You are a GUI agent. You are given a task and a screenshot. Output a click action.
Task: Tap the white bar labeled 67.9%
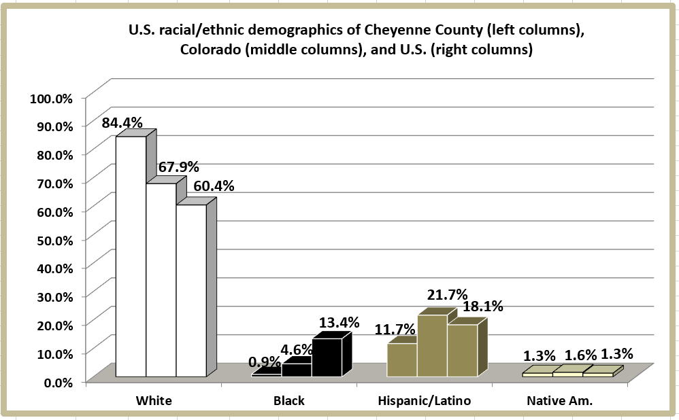pyautogui.click(x=161, y=279)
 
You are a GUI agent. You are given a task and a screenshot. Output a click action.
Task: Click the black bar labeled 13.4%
pyautogui.click(x=327, y=357)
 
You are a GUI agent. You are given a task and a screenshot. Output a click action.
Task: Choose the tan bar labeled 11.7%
pyautogui.click(x=402, y=360)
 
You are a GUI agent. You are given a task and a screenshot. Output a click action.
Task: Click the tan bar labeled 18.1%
pyautogui.click(x=463, y=351)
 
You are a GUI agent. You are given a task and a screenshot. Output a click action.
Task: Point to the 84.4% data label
pyautogui.click(x=122, y=123)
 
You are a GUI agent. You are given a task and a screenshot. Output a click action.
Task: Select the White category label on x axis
pyautogui.click(x=154, y=401)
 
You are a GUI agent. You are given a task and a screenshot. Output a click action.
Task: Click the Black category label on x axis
pyautogui.click(x=289, y=401)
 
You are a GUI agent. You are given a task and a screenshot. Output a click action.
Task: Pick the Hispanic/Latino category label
pyautogui.click(x=425, y=401)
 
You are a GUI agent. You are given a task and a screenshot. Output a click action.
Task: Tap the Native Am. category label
pyautogui.click(x=559, y=401)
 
